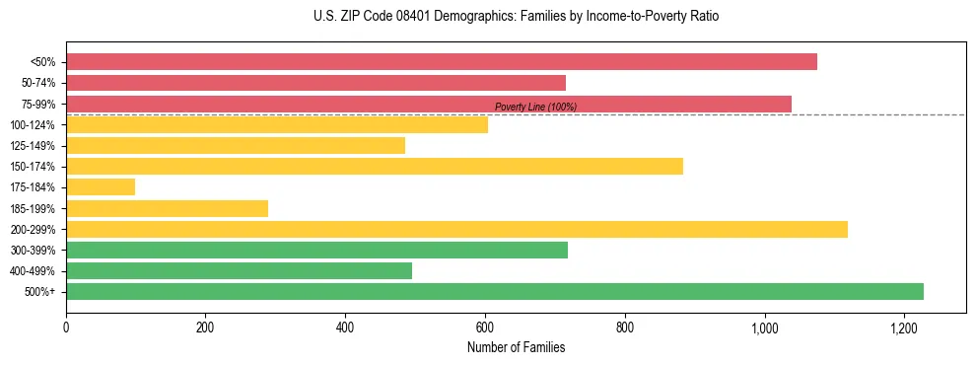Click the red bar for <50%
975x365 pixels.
(x=442, y=62)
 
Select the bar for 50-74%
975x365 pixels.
(x=315, y=83)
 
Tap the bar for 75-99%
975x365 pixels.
(x=429, y=104)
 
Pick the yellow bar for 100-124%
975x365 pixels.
(x=277, y=124)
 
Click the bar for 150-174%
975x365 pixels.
(x=375, y=166)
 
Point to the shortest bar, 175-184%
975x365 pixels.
(x=101, y=187)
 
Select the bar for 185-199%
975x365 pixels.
(x=167, y=208)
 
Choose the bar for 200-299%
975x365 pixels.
(x=456, y=229)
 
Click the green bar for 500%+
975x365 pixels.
(x=495, y=291)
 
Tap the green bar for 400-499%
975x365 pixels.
(x=239, y=270)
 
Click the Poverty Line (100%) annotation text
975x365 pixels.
(x=535, y=107)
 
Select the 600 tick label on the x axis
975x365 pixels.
(x=485, y=328)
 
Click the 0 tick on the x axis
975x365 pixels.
(x=66, y=328)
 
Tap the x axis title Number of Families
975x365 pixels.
(x=516, y=347)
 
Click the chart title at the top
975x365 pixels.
(x=517, y=17)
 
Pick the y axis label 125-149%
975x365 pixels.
(x=33, y=146)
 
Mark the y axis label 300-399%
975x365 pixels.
(x=33, y=251)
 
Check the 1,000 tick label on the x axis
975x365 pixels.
(x=764, y=328)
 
